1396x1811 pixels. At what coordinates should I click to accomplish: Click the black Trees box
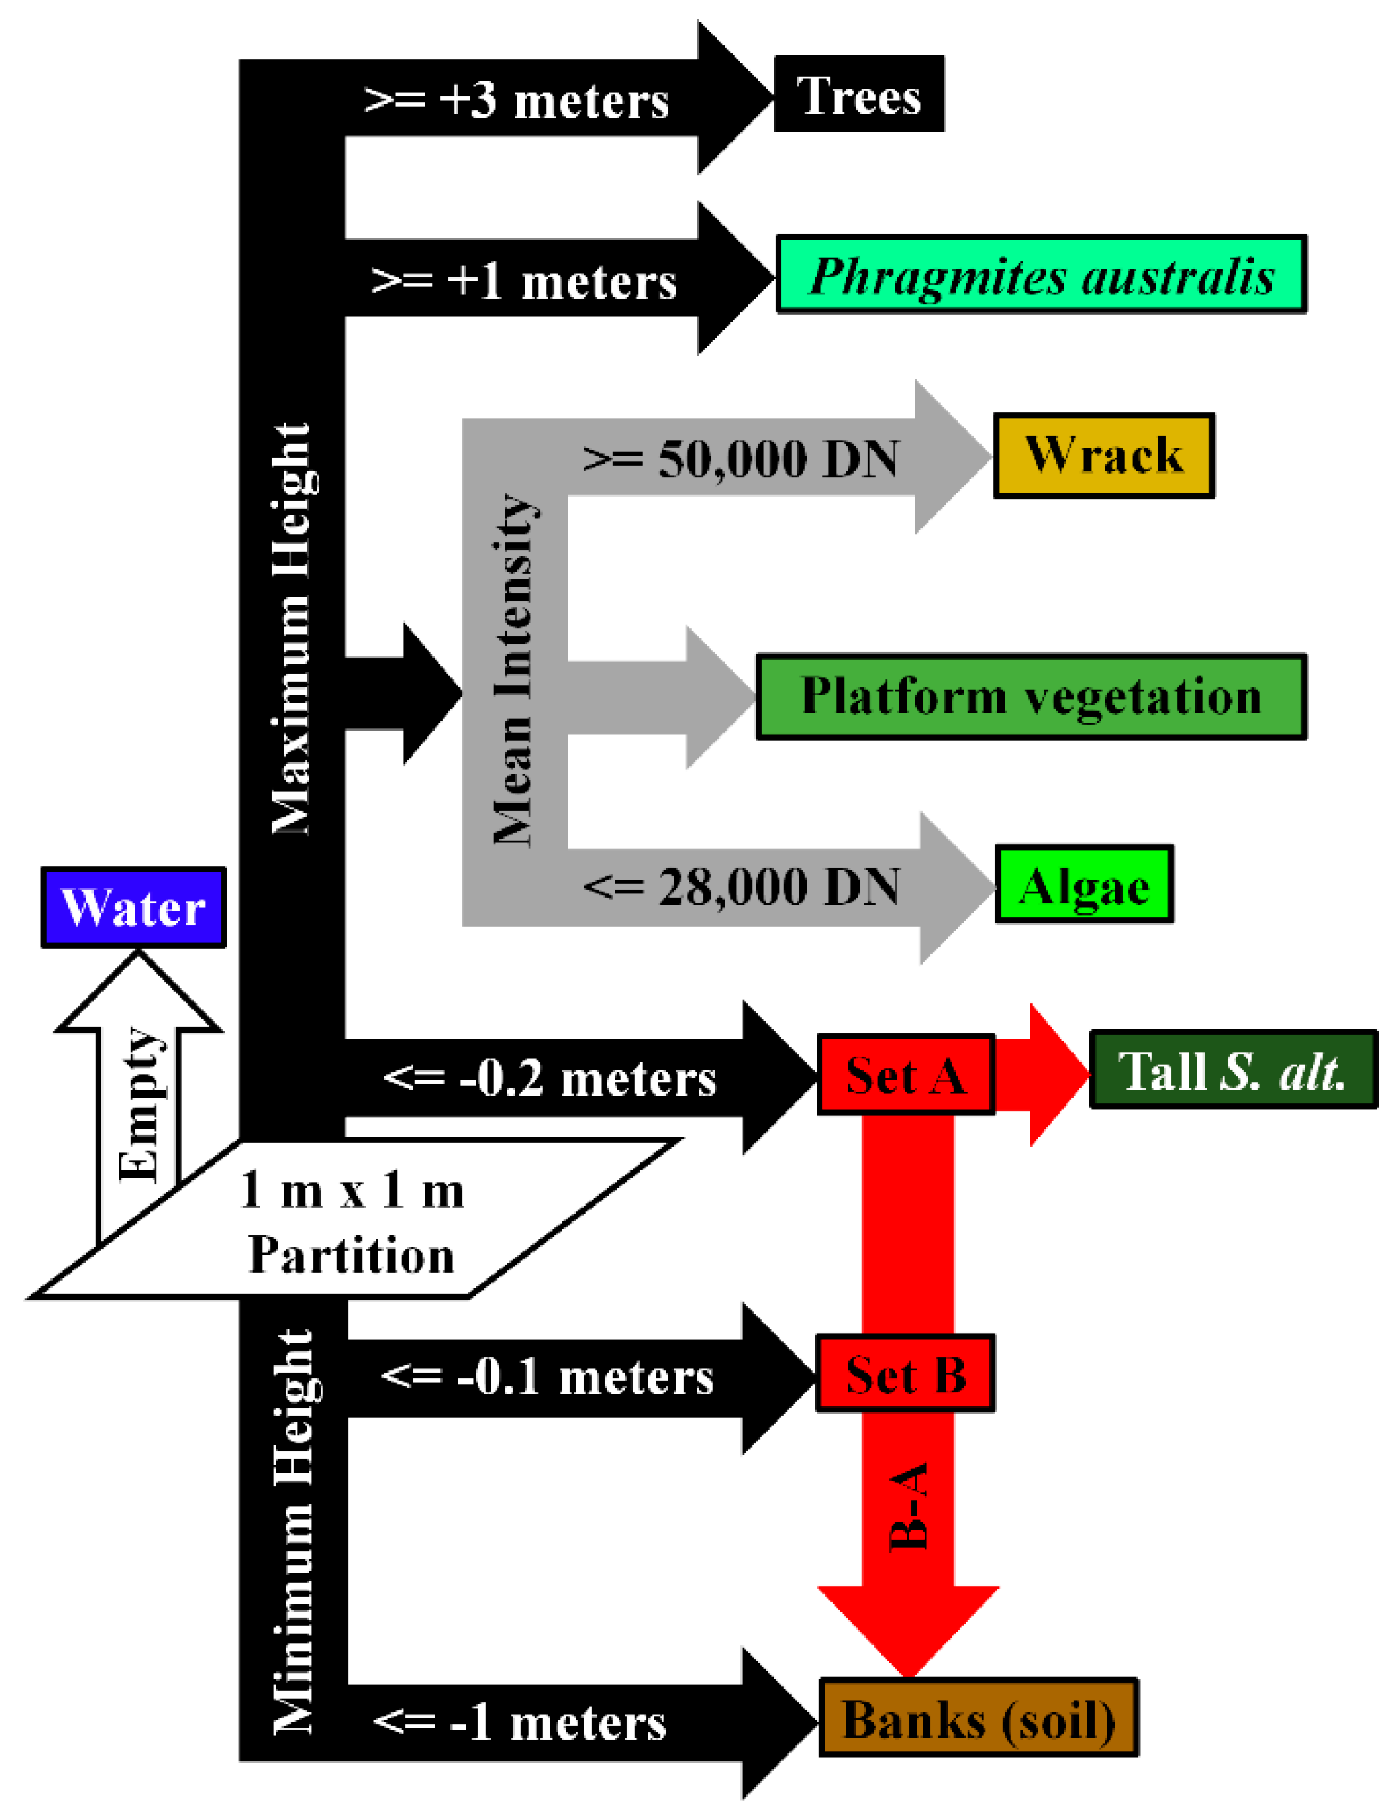[858, 94]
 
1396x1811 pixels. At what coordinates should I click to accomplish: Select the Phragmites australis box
[1041, 274]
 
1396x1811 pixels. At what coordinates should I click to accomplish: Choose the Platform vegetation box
[1030, 697]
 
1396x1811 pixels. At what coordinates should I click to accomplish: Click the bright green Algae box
[1084, 885]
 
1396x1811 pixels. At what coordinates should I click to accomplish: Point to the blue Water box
[133, 907]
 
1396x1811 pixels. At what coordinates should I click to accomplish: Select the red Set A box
[905, 1075]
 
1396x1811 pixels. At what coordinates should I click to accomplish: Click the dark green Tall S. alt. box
[1233, 1070]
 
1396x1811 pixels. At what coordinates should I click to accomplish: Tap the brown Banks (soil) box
[978, 1719]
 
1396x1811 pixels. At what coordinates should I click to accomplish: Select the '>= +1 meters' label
[524, 281]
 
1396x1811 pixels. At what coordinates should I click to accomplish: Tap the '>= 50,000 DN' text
[740, 458]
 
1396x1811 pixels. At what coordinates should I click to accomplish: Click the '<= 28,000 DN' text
[741, 887]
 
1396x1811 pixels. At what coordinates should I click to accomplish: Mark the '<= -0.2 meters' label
[549, 1078]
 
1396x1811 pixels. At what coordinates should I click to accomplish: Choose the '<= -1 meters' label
[520, 1722]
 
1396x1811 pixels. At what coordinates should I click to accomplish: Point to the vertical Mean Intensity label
[514, 670]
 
